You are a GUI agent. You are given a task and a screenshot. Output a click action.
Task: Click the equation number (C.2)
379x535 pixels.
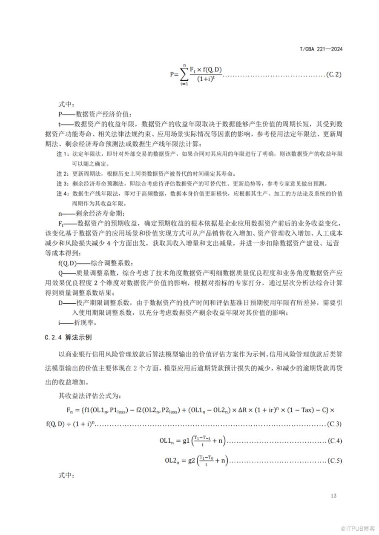[x=333, y=74]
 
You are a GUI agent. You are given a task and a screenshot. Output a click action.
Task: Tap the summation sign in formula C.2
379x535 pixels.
[x=184, y=75]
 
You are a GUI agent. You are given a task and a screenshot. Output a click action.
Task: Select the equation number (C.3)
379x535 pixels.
[x=334, y=424]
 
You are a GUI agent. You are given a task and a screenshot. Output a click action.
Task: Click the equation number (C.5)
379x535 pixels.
[x=334, y=461]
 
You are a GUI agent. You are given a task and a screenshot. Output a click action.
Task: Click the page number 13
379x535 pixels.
[x=333, y=495]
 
